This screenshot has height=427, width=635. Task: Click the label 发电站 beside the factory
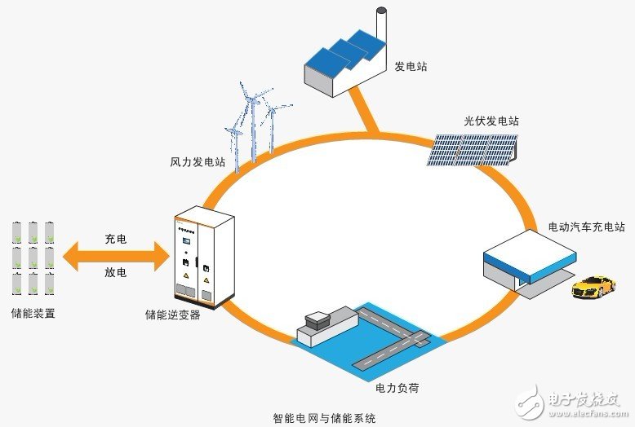(411, 66)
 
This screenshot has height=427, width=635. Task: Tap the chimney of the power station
(381, 24)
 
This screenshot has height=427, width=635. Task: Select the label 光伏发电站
(491, 121)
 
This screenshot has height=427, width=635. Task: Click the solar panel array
(473, 150)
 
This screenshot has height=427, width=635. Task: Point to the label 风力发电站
(198, 162)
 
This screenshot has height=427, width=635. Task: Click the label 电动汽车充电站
(586, 227)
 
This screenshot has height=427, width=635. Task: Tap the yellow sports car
(593, 287)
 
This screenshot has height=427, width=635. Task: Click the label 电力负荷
(397, 388)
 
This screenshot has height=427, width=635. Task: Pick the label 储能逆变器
(172, 315)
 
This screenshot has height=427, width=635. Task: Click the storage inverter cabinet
(204, 258)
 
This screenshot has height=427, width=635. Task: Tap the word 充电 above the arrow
(116, 239)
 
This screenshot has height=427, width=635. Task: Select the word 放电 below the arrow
(116, 272)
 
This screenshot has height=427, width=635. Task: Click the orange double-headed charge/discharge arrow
(116, 256)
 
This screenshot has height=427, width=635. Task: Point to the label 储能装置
(33, 314)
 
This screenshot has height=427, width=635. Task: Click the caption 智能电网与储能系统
(324, 418)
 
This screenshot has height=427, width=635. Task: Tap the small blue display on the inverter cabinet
(187, 241)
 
